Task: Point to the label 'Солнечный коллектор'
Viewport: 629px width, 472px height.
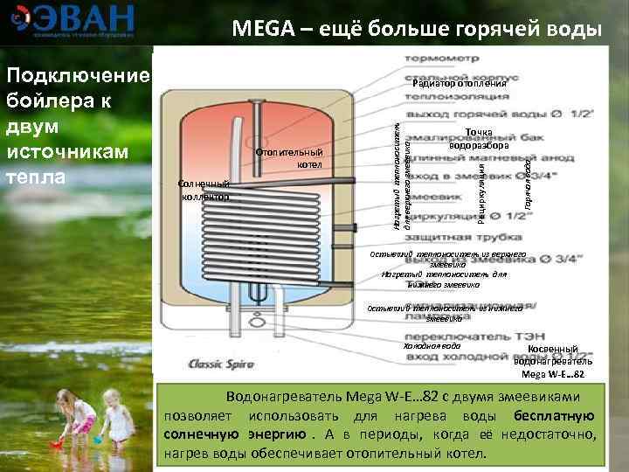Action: point(203,190)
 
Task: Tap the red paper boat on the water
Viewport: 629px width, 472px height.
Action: point(58,441)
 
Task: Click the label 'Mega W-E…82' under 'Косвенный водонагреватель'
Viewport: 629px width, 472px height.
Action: point(552,374)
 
